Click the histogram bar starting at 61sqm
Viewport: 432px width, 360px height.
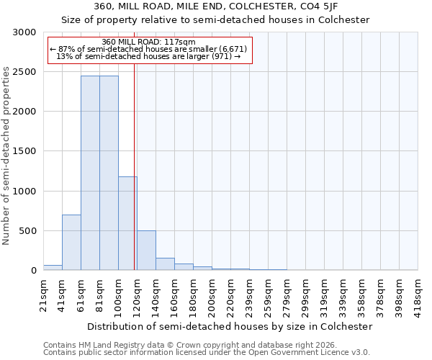(x=90, y=173)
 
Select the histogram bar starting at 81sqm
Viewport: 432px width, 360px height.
(x=109, y=173)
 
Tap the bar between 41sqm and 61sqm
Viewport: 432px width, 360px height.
(x=71, y=242)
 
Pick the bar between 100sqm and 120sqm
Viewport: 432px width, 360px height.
(x=127, y=223)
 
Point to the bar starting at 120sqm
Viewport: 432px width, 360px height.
(x=146, y=250)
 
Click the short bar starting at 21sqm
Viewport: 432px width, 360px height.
(x=53, y=267)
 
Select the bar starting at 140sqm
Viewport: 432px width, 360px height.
(x=165, y=264)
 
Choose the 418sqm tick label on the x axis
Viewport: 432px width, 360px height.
(x=418, y=293)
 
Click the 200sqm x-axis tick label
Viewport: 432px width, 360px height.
(x=212, y=293)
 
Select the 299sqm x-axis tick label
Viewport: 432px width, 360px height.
(x=305, y=293)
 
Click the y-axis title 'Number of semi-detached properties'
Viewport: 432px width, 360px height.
(x=6, y=156)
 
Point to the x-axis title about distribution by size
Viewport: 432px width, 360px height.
(x=230, y=326)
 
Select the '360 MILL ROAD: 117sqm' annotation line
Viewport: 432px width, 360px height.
(x=148, y=42)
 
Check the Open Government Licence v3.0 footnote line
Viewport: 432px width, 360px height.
(x=207, y=353)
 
